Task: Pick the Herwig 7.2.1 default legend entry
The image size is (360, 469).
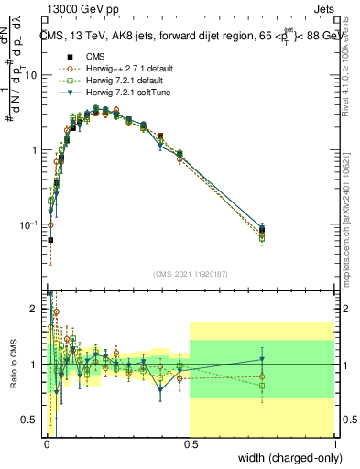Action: click(x=115, y=80)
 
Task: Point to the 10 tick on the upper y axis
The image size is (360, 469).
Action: click(x=32, y=75)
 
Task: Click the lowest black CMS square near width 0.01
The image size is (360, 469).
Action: click(x=50, y=240)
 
